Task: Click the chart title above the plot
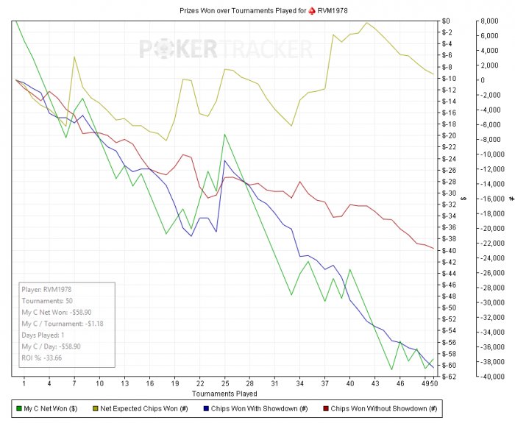pyautogui.click(x=257, y=12)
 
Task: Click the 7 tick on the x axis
pyautogui.click(x=74, y=383)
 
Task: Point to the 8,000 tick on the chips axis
pyautogui.click(x=488, y=21)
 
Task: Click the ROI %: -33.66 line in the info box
pyautogui.click(x=42, y=358)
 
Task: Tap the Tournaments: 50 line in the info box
pyautogui.click(x=49, y=301)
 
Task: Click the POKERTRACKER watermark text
pyautogui.click(x=226, y=49)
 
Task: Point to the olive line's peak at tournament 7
pyautogui.click(x=74, y=57)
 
